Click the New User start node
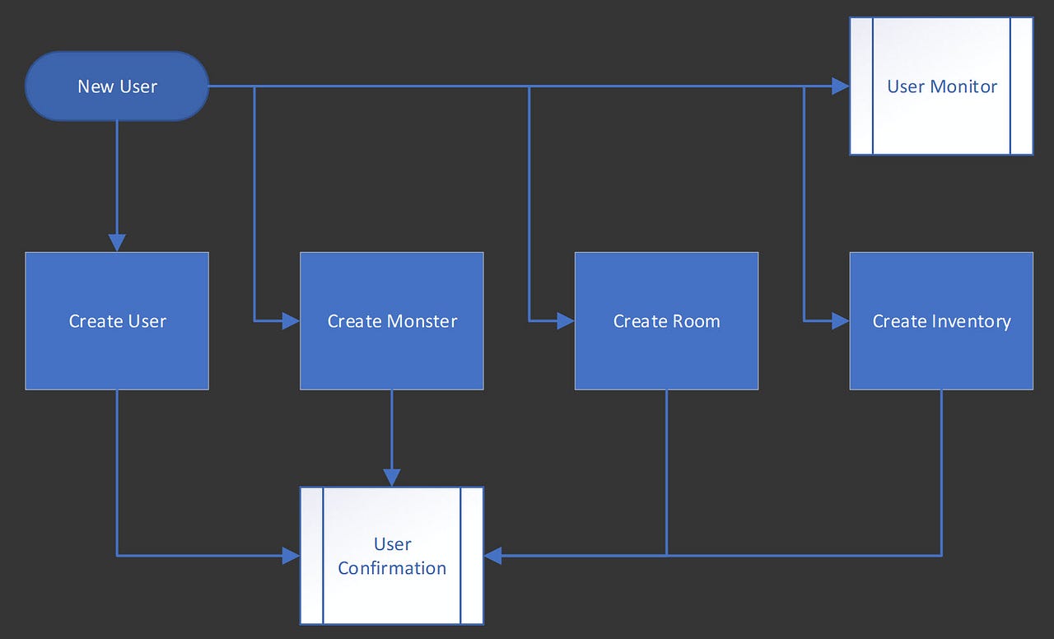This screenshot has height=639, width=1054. [x=117, y=86]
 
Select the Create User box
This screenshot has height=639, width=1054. [x=117, y=320]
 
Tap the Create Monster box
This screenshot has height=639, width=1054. [x=392, y=320]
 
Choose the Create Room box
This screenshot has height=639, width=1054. [x=666, y=320]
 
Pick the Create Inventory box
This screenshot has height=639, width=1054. [x=941, y=320]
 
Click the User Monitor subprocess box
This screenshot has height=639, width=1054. [x=941, y=86]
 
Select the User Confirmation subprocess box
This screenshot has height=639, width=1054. [x=392, y=555]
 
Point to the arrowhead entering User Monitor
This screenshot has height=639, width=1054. [x=840, y=86]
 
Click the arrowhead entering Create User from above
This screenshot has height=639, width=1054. [x=117, y=242]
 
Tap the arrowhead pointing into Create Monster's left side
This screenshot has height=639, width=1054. [x=291, y=320]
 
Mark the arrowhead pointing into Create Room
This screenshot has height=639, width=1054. [x=566, y=320]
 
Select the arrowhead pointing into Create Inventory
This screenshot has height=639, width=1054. [x=840, y=320]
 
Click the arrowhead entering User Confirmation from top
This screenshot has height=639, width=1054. [x=392, y=477]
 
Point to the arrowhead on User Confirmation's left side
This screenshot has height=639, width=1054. [x=291, y=556]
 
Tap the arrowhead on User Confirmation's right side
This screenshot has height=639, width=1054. [x=493, y=556]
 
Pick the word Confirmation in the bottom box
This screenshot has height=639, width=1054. [x=392, y=568]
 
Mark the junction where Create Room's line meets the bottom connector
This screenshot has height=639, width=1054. [x=666, y=556]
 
